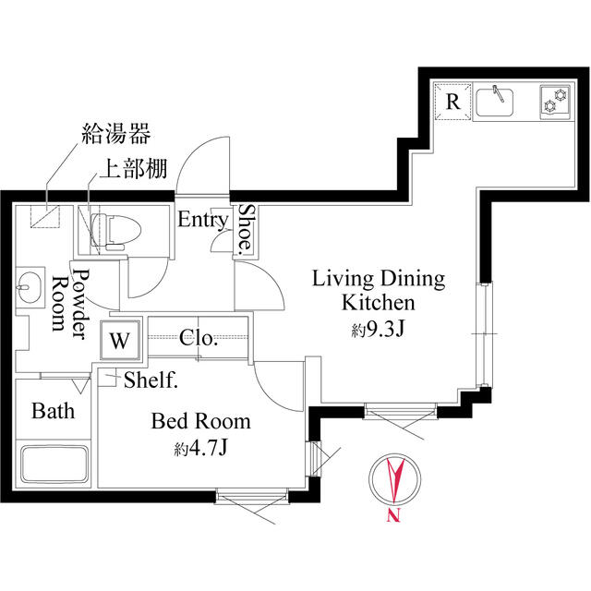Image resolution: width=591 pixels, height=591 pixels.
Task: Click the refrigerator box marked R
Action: [x=452, y=102]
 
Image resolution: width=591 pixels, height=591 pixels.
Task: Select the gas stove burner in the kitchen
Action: [x=556, y=102]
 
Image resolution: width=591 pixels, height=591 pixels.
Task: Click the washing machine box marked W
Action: [x=119, y=340]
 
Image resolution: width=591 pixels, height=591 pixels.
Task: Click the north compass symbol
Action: [x=393, y=479]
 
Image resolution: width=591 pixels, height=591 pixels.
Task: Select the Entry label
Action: [x=202, y=220]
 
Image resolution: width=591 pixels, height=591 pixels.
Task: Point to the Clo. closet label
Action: [x=199, y=338]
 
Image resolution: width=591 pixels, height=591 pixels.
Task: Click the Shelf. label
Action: [x=151, y=379]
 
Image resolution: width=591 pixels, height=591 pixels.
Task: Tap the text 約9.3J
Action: [x=379, y=331]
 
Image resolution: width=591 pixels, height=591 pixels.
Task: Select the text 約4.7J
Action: [x=200, y=450]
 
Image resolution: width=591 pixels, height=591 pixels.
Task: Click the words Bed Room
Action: [x=200, y=422]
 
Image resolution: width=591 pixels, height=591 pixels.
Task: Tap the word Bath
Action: [x=53, y=411]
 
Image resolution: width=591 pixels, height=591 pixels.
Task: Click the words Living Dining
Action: [x=379, y=278]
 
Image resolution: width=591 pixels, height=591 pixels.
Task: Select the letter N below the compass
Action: [x=393, y=516]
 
